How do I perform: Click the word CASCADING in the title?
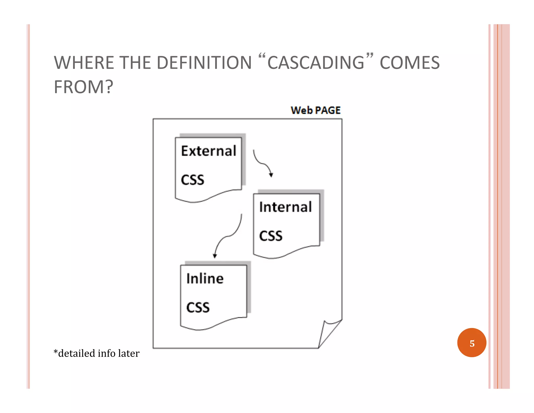tap(316, 63)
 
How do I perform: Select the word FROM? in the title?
tap(83, 87)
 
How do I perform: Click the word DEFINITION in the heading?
tap(204, 63)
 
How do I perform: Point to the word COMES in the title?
tap(410, 63)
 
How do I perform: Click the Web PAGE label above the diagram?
tap(315, 110)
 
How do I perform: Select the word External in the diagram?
tap(209, 151)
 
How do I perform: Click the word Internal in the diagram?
tap(286, 207)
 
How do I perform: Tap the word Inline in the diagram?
tap(205, 279)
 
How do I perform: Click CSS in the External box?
tap(192, 180)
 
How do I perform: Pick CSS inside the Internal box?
tap(271, 236)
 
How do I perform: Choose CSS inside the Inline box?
tap(198, 308)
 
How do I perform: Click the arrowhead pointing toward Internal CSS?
tap(271, 175)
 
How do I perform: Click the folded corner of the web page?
tap(329, 332)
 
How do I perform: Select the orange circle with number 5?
tap(472, 343)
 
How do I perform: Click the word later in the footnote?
tap(129, 353)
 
